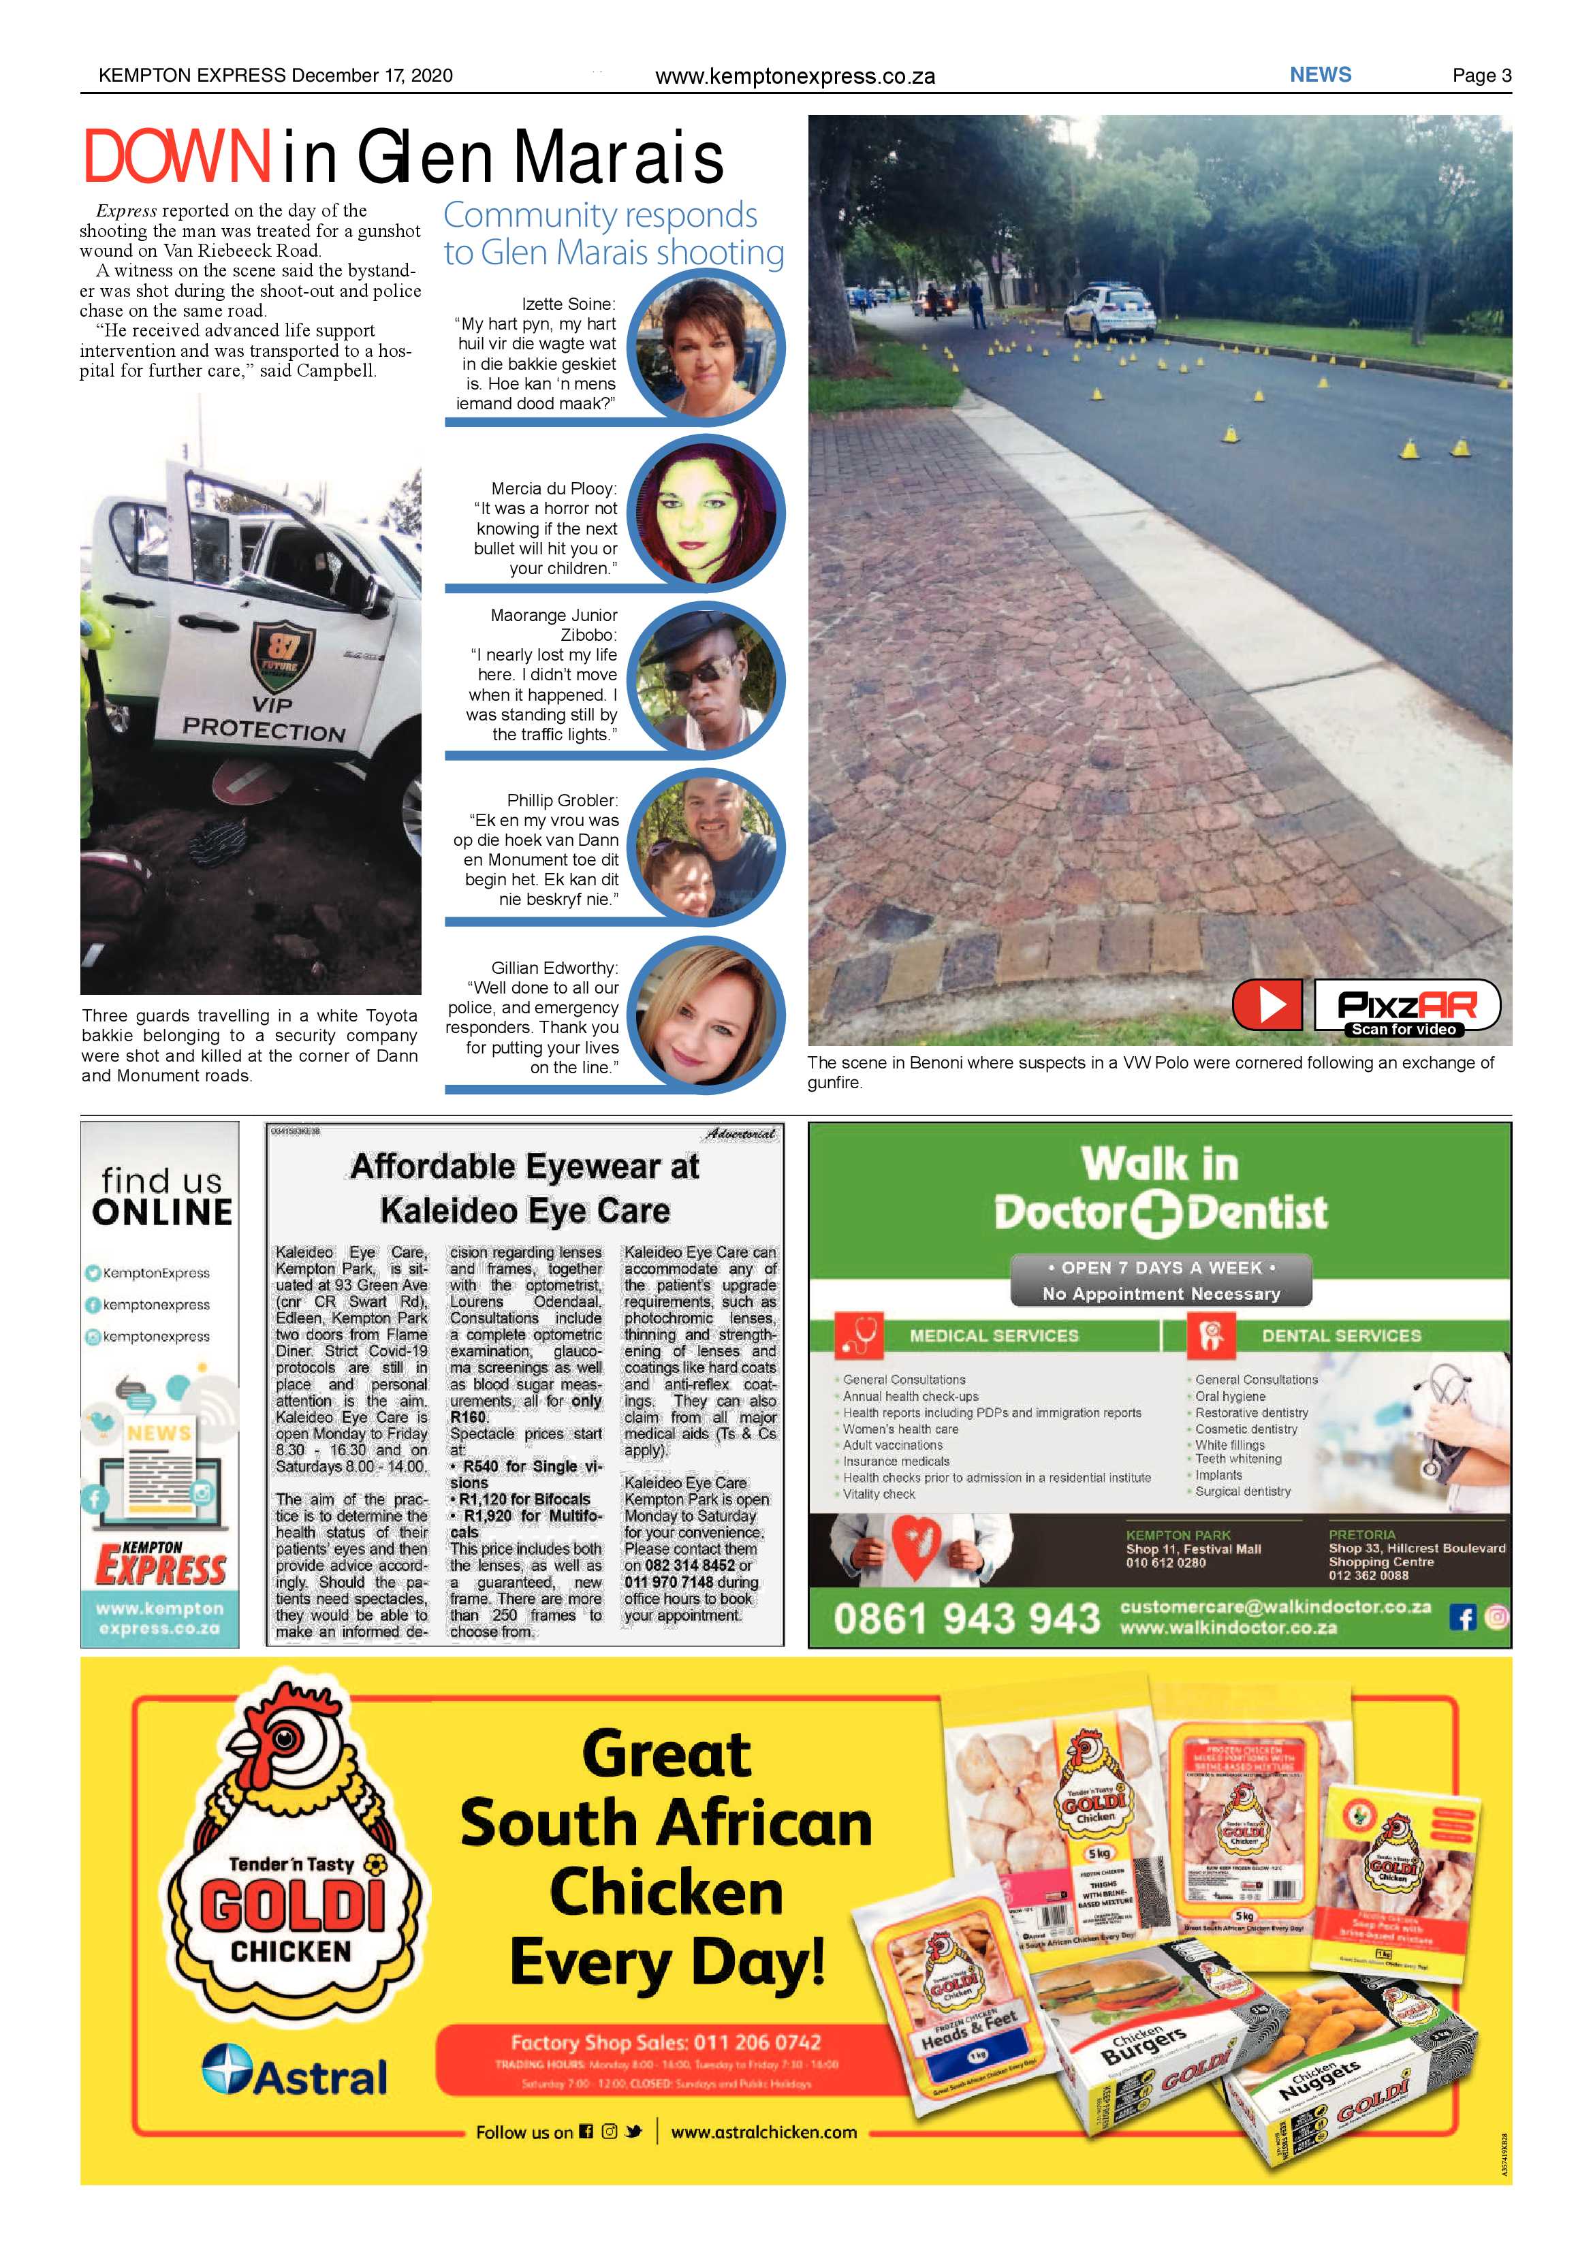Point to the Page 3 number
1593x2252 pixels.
coord(1481,76)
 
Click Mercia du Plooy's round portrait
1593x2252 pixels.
coord(706,513)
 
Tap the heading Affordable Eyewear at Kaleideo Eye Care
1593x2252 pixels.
coord(525,1188)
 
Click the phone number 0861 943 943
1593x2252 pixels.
coord(966,1617)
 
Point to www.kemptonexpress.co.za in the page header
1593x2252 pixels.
coord(795,76)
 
